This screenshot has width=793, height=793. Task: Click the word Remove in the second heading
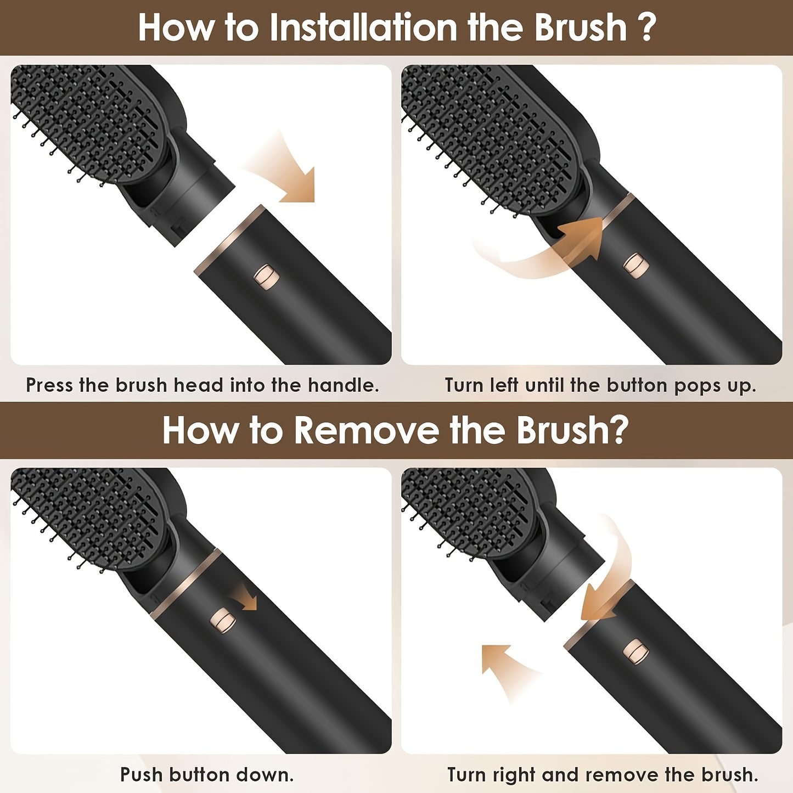pos(365,430)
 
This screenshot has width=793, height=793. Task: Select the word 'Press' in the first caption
pos(49,385)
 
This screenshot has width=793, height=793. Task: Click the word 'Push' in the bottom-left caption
pos(141,775)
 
